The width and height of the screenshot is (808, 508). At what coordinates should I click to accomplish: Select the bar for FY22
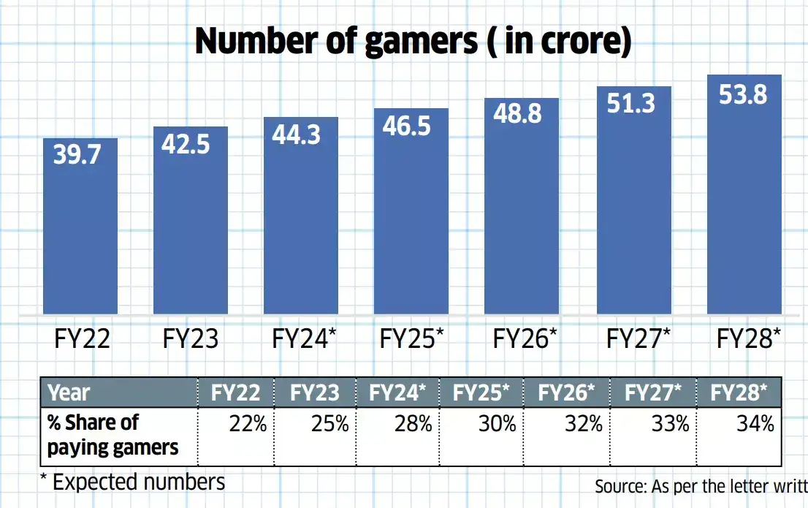[80, 234]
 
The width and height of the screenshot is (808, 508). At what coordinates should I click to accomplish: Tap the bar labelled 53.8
[744, 205]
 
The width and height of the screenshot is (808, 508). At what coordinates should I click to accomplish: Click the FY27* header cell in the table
[652, 393]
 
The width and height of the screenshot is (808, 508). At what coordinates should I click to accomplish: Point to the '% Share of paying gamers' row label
[113, 435]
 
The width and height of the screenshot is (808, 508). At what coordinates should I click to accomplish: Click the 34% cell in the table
[755, 424]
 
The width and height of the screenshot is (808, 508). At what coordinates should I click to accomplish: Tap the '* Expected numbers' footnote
[133, 482]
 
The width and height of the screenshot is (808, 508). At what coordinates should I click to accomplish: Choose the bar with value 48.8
[522, 212]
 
